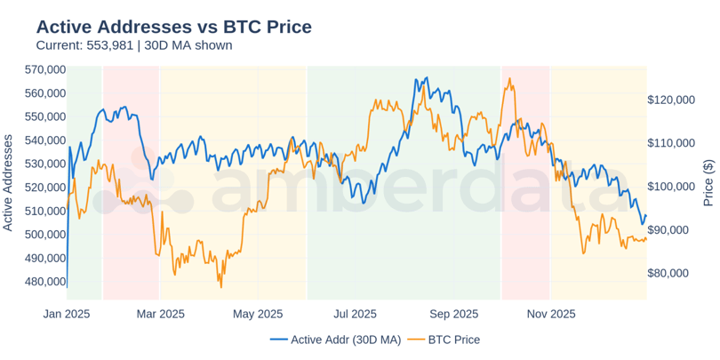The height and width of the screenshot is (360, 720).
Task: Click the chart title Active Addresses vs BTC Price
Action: [173, 27]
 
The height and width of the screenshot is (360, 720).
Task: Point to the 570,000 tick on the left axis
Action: [45, 69]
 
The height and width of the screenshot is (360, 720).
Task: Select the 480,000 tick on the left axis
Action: [45, 282]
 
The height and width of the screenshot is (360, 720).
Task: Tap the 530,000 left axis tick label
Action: [45, 164]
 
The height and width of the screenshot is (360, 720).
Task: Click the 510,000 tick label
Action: [45, 211]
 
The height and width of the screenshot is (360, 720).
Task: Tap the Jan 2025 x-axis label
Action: [67, 314]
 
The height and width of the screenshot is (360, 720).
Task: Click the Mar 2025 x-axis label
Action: [160, 314]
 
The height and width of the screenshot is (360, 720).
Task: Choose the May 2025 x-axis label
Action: [256, 314]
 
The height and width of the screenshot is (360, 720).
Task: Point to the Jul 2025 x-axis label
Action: [354, 314]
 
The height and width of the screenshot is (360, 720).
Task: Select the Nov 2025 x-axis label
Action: [550, 314]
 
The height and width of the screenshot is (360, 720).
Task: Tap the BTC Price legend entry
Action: [453, 340]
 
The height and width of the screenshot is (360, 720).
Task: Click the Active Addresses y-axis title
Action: [9, 182]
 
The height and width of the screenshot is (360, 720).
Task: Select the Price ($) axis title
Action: [708, 182]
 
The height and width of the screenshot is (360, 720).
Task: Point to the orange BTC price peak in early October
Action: [509, 78]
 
